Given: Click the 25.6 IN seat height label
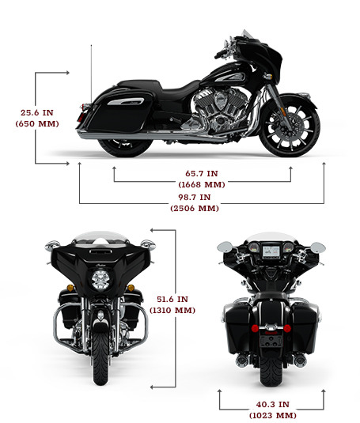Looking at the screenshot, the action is [37, 112].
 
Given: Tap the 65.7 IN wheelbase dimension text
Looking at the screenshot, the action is [201, 173].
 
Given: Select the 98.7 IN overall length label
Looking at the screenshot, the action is [195, 197].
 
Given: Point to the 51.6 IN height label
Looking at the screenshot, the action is [172, 299].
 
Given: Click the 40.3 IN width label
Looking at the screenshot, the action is [272, 404].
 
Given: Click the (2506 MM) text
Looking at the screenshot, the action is [195, 208].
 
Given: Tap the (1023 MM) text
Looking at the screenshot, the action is [272, 415].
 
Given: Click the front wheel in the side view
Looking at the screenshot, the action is [290, 126].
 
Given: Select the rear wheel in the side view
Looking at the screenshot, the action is [125, 145].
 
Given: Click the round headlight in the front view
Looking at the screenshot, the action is [100, 280].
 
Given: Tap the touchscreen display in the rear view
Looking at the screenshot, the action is [271, 251].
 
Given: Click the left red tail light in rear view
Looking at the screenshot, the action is [255, 328].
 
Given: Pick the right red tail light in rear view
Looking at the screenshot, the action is [287, 328].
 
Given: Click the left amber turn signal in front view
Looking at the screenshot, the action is [70, 288].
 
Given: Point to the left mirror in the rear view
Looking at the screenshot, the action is [225, 247].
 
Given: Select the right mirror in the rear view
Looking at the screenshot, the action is [318, 247].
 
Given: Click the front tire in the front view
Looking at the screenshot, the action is [100, 356].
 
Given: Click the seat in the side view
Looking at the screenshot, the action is [162, 87].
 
